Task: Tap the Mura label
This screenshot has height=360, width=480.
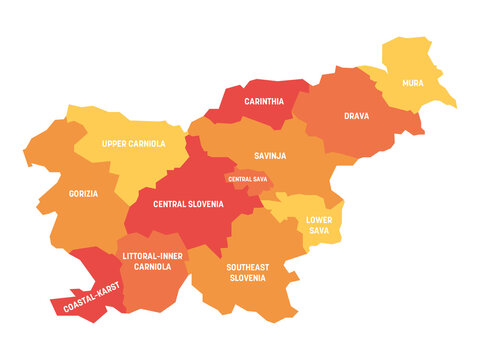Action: click(412, 83)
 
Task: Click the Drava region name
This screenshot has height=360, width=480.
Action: click(357, 116)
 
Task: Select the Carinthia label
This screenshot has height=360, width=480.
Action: click(263, 101)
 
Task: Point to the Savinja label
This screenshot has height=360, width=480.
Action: click(270, 154)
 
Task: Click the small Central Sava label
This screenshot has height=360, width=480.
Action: click(246, 179)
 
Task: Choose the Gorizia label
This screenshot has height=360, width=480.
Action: click(83, 194)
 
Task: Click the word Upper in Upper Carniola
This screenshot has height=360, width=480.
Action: click(117, 144)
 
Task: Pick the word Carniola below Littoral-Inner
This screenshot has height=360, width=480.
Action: click(151, 267)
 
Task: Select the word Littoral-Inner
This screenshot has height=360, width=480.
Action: click(151, 256)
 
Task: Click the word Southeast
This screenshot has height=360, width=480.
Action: click(246, 267)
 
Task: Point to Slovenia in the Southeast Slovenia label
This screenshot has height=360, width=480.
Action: click(246, 278)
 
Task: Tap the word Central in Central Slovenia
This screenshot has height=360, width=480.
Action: click(172, 204)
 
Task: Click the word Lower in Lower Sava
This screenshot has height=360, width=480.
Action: click(319, 218)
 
